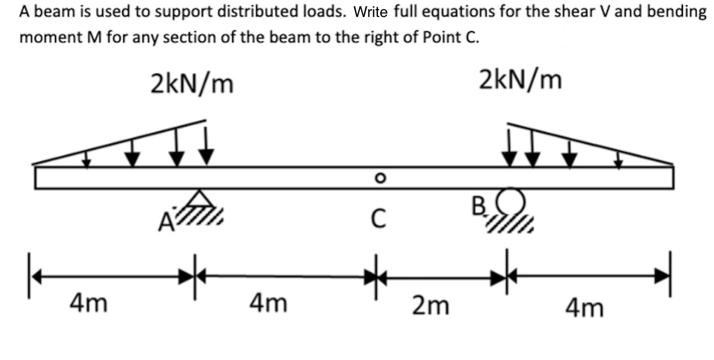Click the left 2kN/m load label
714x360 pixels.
tap(192, 83)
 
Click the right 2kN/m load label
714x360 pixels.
tap(521, 80)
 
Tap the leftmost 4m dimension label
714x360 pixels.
tap(89, 304)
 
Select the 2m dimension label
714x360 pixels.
tap(431, 306)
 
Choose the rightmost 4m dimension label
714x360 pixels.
tap(584, 308)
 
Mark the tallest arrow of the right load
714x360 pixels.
tap(510, 147)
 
